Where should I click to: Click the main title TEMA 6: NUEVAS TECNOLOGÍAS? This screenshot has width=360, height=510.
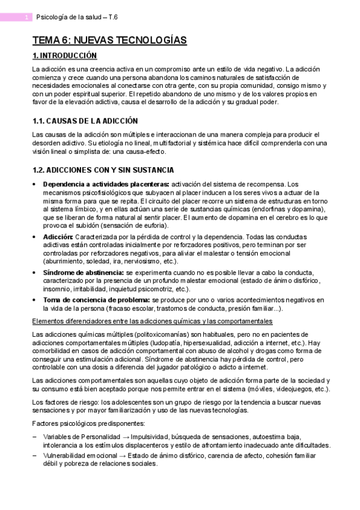109,40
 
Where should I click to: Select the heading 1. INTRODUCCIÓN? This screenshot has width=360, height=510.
64,56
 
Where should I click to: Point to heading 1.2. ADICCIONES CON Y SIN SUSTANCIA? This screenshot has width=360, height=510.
103,170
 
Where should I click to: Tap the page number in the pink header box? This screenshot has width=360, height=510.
27,17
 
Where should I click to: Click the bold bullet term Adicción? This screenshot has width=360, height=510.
58,237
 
